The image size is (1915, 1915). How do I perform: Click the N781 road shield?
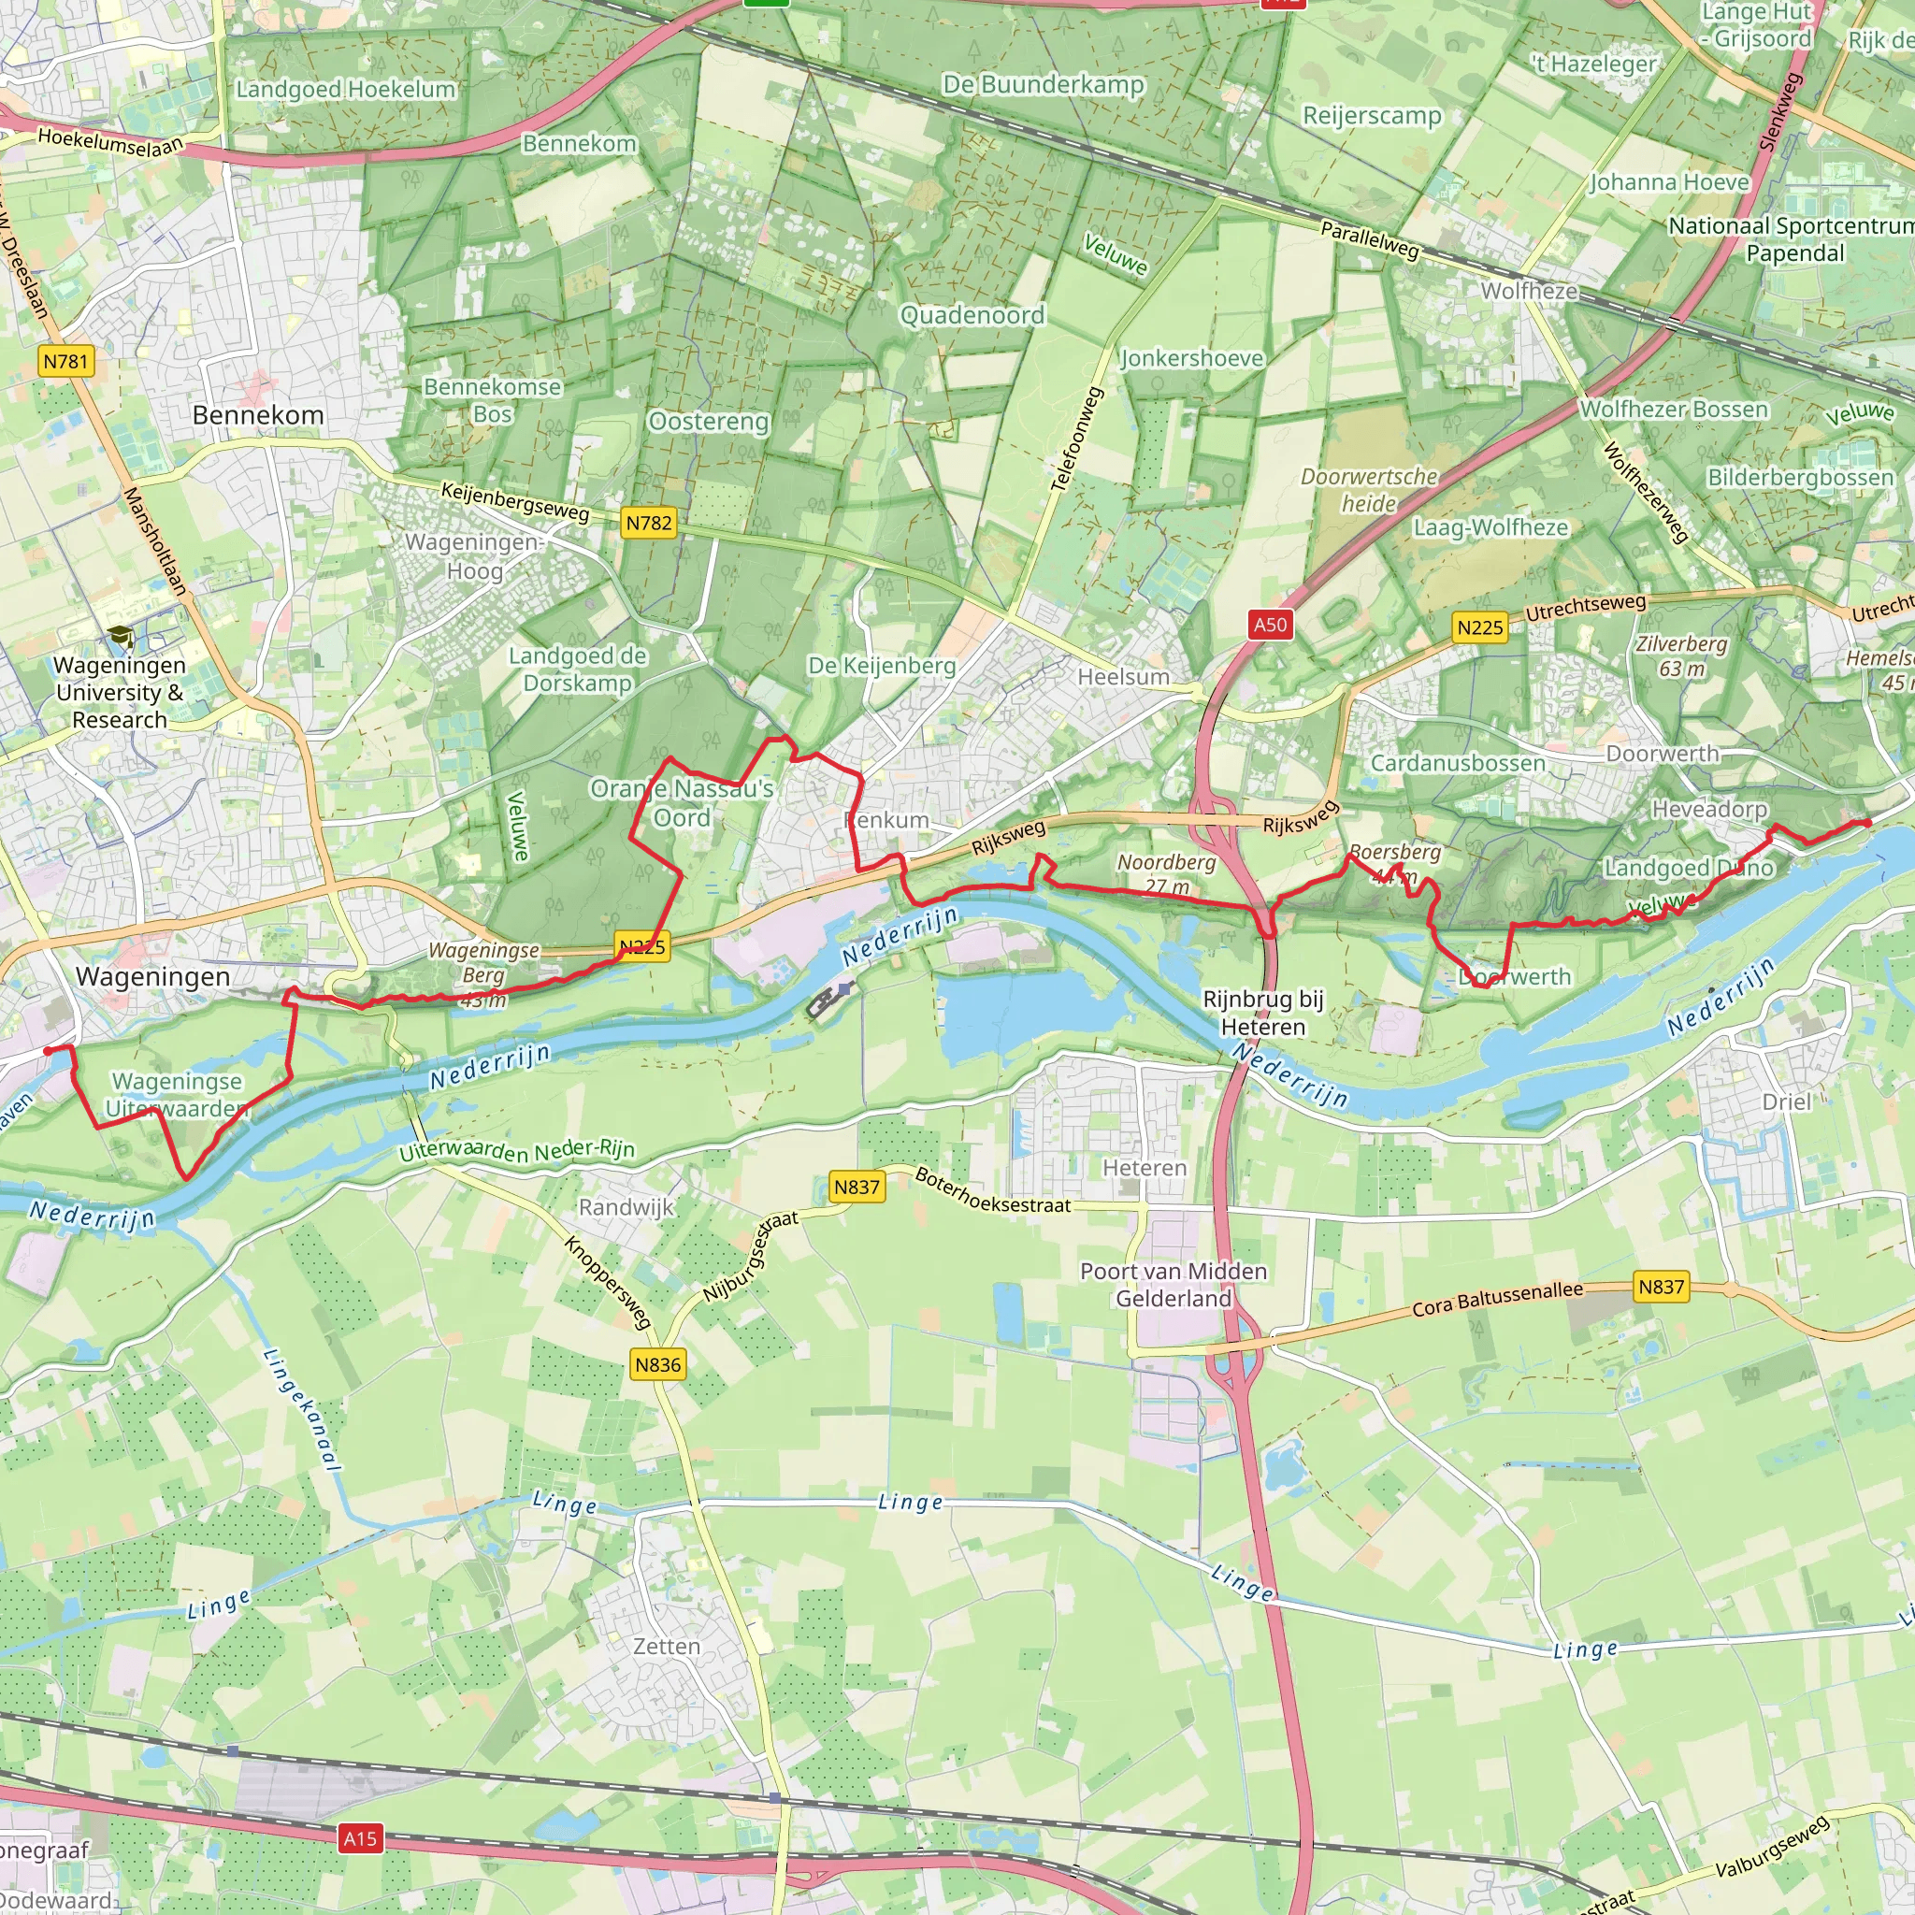tap(66, 361)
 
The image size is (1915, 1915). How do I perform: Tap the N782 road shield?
tap(649, 523)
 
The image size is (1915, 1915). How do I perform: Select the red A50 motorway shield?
tap(1270, 625)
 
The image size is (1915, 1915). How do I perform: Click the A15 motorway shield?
tap(360, 1838)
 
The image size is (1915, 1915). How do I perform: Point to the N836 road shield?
tap(658, 1364)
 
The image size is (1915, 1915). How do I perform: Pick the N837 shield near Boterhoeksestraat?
tap(857, 1187)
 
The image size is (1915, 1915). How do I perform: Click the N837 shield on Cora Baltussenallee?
tap(1662, 1287)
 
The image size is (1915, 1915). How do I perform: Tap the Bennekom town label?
tap(258, 414)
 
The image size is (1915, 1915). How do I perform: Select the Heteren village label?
tap(1145, 1168)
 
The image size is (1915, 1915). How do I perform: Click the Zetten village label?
tap(666, 1646)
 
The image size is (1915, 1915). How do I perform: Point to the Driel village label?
tap(1786, 1101)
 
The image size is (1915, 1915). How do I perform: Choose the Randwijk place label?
tap(626, 1206)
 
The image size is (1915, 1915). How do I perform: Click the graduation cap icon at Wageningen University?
tap(120, 638)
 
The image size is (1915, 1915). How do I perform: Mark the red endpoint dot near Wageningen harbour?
tap(47, 1051)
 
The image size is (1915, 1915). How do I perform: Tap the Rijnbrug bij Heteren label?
tap(1262, 1012)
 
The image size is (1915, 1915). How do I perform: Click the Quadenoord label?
tap(972, 315)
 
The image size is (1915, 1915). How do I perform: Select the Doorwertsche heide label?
tap(1369, 490)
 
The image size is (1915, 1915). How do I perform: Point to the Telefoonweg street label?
tap(1077, 439)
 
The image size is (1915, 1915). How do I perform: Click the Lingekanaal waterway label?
tap(303, 1408)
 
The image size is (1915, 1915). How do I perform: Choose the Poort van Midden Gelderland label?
tap(1173, 1284)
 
